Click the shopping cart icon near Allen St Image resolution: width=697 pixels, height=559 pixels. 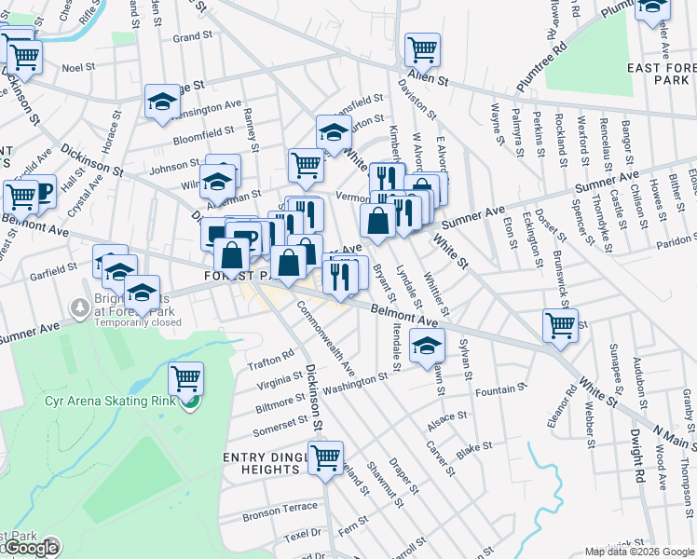point(422,48)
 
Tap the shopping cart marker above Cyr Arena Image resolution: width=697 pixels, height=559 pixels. point(186,377)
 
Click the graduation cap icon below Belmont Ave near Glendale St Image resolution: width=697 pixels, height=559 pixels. point(427,346)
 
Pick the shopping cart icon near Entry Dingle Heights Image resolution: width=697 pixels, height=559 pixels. point(325,457)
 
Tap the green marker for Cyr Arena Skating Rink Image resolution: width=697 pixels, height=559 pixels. point(190,402)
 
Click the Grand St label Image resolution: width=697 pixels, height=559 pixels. point(193,37)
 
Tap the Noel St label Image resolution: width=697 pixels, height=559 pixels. point(79,68)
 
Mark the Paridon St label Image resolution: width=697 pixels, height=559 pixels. point(673,240)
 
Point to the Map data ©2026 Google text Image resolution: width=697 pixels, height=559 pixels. point(639,552)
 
